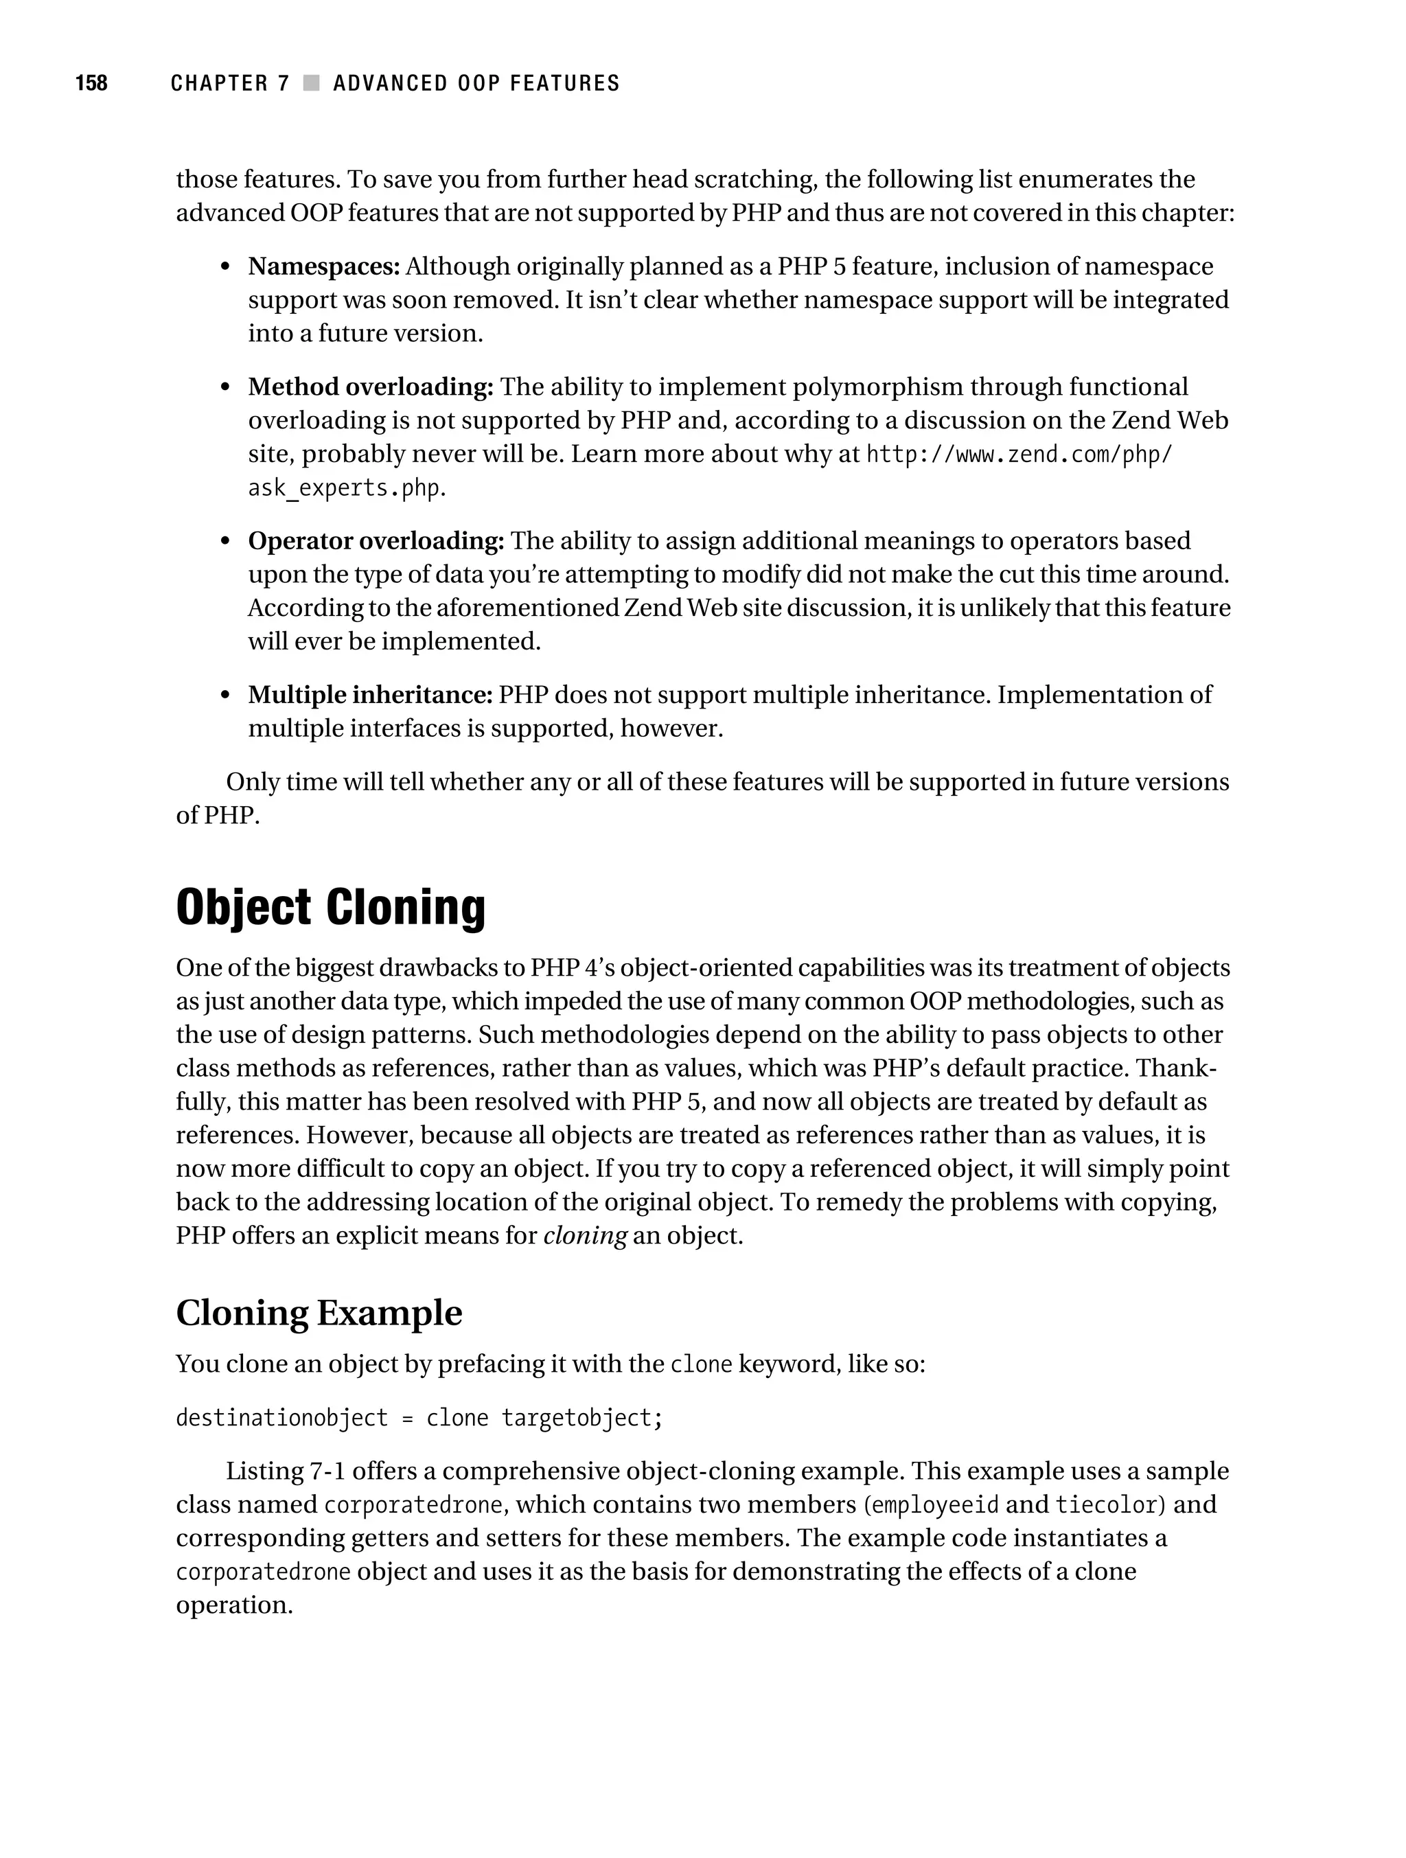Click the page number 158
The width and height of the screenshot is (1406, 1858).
[91, 83]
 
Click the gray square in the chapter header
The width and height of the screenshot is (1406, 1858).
[312, 83]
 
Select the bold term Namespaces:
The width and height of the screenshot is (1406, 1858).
[323, 266]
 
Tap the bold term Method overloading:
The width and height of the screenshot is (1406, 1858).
[371, 387]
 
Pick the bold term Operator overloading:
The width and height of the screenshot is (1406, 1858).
[376, 541]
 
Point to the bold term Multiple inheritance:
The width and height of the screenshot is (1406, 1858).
[369, 695]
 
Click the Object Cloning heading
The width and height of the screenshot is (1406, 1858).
[330, 907]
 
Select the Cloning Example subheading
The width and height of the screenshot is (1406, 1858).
[319, 1312]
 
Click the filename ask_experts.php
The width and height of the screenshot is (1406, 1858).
[343, 488]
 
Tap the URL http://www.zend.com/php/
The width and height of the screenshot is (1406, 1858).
[1018, 455]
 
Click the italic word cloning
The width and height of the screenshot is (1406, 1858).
[584, 1237]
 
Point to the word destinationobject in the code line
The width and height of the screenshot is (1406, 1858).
[281, 1418]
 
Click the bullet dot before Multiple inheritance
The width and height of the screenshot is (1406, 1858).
[224, 696]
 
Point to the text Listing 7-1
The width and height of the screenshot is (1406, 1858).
[285, 1471]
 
